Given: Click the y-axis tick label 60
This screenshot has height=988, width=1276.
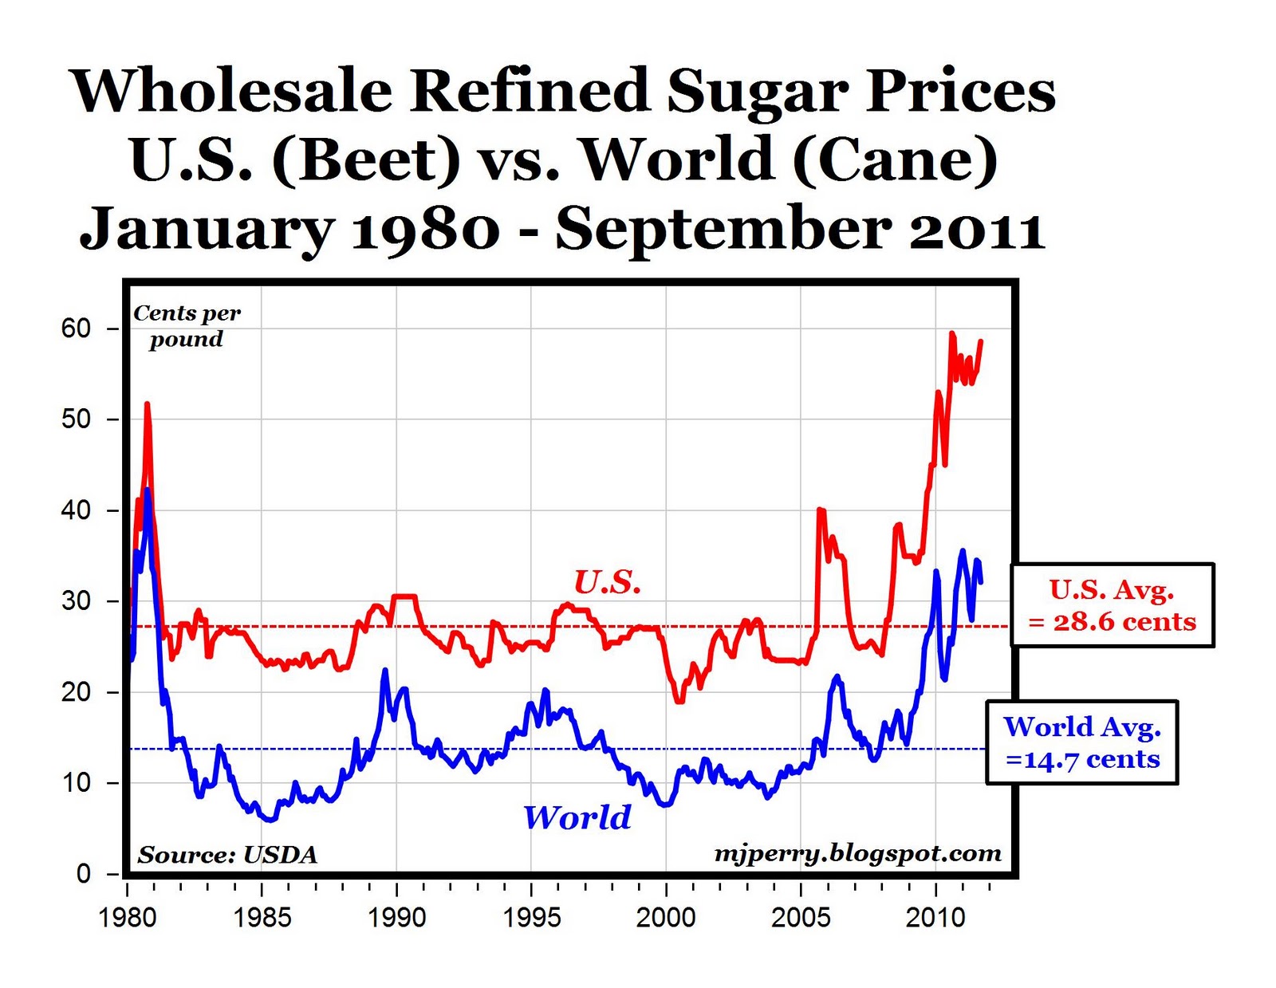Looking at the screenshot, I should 76,329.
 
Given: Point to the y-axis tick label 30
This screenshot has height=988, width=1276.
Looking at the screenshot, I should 76,601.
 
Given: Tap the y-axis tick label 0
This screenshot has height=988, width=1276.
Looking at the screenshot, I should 84,874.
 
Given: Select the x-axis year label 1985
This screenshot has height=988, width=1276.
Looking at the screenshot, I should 262,918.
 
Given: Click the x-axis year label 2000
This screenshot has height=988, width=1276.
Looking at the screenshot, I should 666,918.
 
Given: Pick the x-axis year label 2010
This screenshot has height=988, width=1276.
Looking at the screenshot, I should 935,918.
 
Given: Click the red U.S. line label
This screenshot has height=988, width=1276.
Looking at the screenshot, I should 608,583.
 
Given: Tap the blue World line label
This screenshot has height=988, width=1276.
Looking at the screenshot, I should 577,817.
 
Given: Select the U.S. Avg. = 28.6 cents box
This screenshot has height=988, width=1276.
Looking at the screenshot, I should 1112,605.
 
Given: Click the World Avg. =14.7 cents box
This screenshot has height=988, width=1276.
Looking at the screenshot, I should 1082,742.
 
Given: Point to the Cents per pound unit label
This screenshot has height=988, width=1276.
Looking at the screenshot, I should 187,325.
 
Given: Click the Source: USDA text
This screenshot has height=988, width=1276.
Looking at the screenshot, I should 227,855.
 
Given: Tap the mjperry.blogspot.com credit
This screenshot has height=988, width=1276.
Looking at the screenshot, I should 857,853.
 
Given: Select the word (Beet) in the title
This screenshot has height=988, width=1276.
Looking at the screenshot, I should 366,159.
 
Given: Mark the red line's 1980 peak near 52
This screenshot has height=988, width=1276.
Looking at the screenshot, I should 147,405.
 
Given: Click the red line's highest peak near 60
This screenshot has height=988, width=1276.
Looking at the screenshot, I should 951,333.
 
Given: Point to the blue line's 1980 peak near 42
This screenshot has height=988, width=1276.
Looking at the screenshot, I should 147,490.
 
